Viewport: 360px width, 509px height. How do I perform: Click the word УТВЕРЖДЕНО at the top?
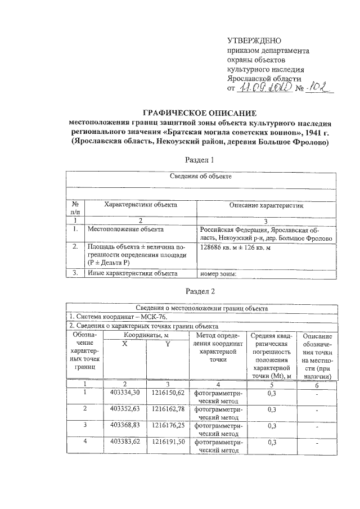point(253,40)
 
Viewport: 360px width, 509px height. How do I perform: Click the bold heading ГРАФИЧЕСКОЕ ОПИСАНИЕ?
point(200,113)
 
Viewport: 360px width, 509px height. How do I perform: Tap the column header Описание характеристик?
point(265,206)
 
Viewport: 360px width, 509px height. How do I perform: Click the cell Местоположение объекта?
point(125,229)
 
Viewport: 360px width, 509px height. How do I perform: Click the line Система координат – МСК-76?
point(110,317)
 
